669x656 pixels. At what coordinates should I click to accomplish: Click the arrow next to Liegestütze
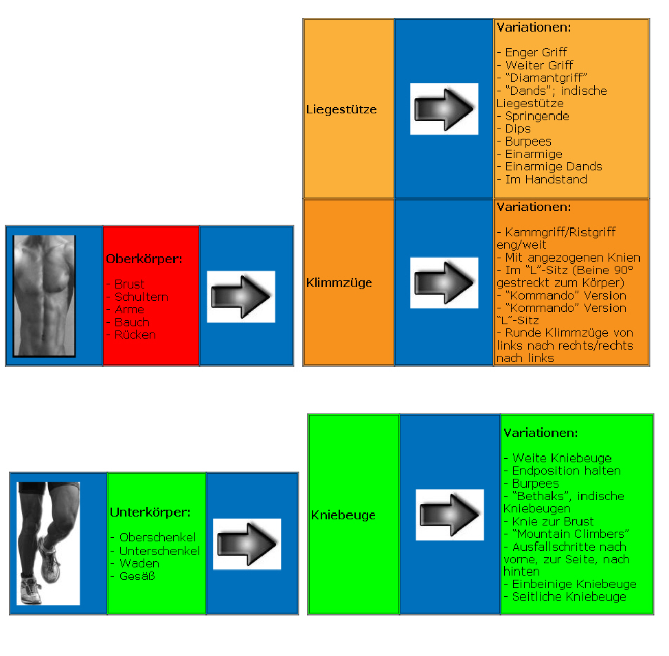pos(444,109)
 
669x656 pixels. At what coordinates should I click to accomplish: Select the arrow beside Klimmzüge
pos(444,283)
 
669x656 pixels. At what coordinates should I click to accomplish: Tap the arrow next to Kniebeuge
pos(450,514)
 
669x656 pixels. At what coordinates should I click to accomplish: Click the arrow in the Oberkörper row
pos(241,296)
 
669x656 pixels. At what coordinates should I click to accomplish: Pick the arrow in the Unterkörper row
pos(247,544)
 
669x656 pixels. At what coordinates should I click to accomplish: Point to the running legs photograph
pos(47,543)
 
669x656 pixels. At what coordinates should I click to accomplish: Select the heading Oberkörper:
pos(143,260)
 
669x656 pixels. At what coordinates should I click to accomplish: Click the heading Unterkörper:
pos(150,512)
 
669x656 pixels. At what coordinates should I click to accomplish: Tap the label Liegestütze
pos(341,109)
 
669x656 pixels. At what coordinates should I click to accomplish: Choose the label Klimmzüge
pos(339,282)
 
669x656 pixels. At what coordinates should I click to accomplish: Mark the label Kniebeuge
pos(343,515)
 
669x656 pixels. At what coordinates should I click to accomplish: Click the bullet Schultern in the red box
pos(141,297)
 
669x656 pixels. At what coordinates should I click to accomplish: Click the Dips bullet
pos(517,128)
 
